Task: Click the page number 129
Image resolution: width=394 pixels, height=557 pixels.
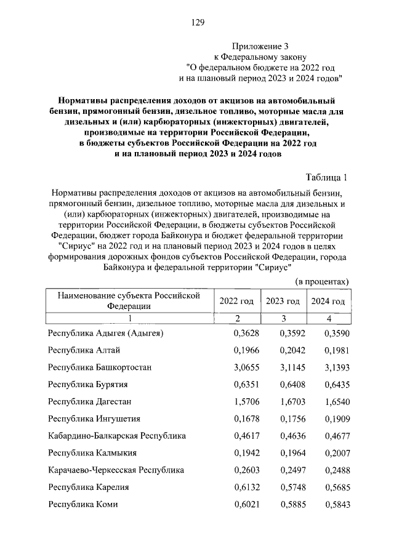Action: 197,23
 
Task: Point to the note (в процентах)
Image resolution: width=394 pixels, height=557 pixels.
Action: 322,281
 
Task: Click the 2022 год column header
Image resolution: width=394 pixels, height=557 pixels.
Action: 236,301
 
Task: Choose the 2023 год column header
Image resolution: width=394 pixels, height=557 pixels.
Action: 283,301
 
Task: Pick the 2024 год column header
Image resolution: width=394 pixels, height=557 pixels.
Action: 328,301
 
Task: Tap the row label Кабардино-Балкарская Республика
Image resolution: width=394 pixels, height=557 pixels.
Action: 117,436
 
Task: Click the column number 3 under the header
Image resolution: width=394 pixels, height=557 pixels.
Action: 283,318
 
